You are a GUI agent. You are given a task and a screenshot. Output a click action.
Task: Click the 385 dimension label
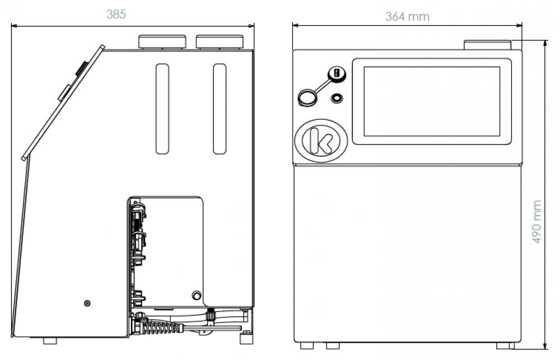point(116,15)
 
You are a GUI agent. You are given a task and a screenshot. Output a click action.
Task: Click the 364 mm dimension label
point(408,16)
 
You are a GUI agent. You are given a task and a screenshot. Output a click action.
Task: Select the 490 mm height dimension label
point(536,222)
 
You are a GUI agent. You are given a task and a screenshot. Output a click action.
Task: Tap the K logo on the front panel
point(321,141)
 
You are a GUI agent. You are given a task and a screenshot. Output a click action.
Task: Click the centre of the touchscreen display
point(432,101)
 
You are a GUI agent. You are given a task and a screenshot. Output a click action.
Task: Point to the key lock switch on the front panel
point(337,74)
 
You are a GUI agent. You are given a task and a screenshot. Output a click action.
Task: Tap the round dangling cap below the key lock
point(307,97)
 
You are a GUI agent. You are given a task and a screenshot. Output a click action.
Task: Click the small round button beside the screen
point(337,98)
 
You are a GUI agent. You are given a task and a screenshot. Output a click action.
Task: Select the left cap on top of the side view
point(162,42)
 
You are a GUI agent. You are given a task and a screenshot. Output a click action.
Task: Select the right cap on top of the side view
point(220,42)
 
